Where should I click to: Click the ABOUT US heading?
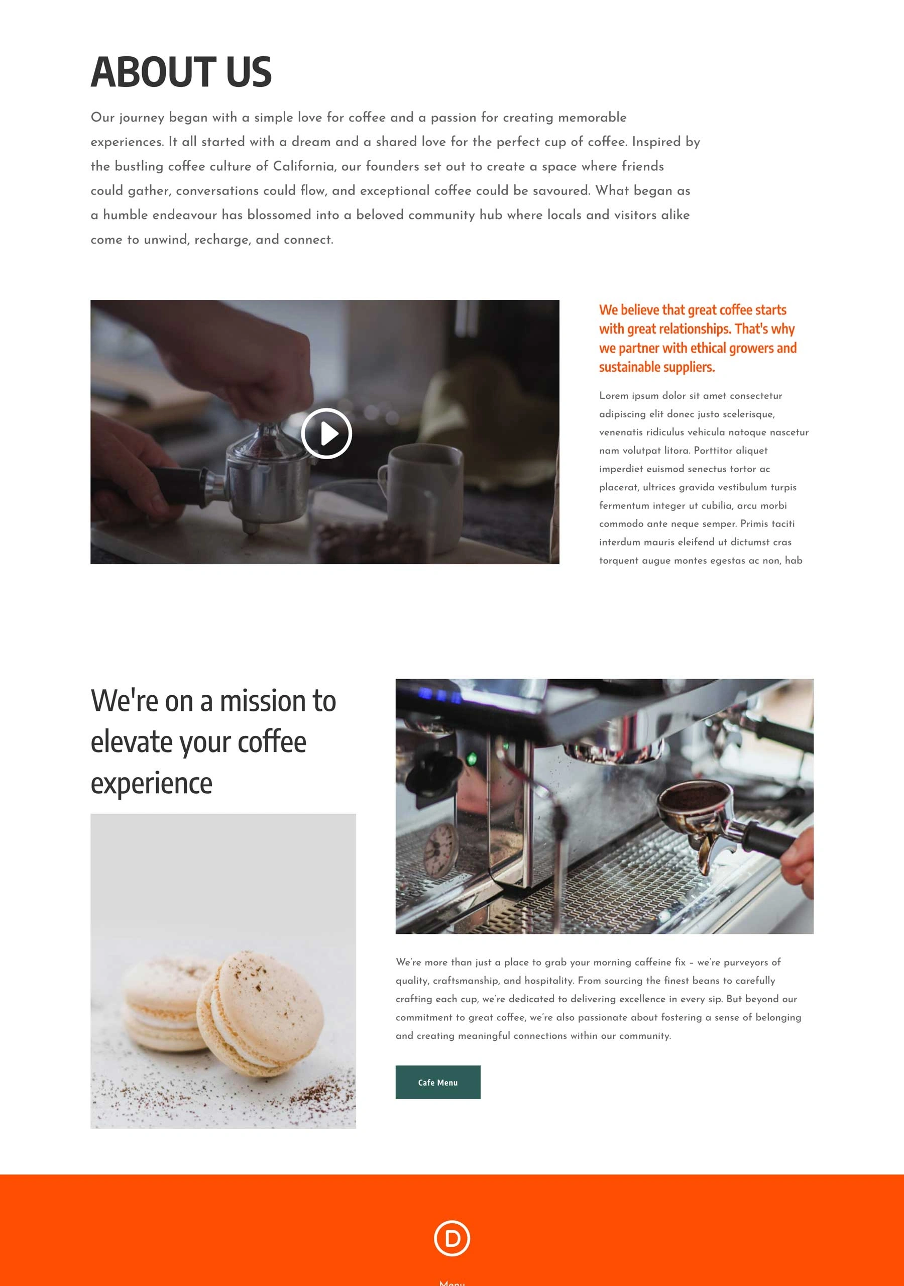(x=181, y=72)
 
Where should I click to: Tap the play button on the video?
(x=326, y=434)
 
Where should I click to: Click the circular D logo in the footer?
(x=452, y=1238)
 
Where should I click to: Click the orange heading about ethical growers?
(x=698, y=338)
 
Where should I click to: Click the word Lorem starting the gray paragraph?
(x=614, y=395)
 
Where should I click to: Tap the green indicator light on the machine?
(x=472, y=760)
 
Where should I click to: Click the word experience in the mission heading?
(x=152, y=784)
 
